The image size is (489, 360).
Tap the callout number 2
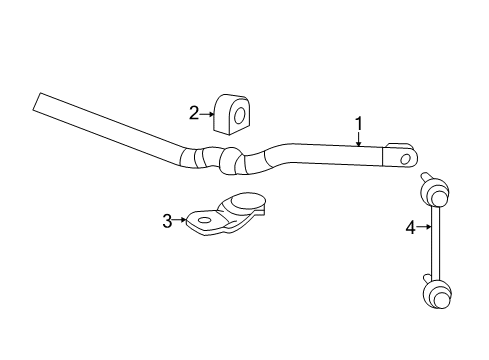[194, 113]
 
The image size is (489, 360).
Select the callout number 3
[168, 221]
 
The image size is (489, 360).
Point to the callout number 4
[410, 228]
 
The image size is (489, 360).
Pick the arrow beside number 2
[207, 114]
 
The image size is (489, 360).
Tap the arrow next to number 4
[423, 228]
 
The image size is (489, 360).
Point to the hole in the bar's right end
[404, 158]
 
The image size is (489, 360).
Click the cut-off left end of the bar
[37, 103]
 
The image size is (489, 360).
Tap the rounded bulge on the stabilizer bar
[231, 160]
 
